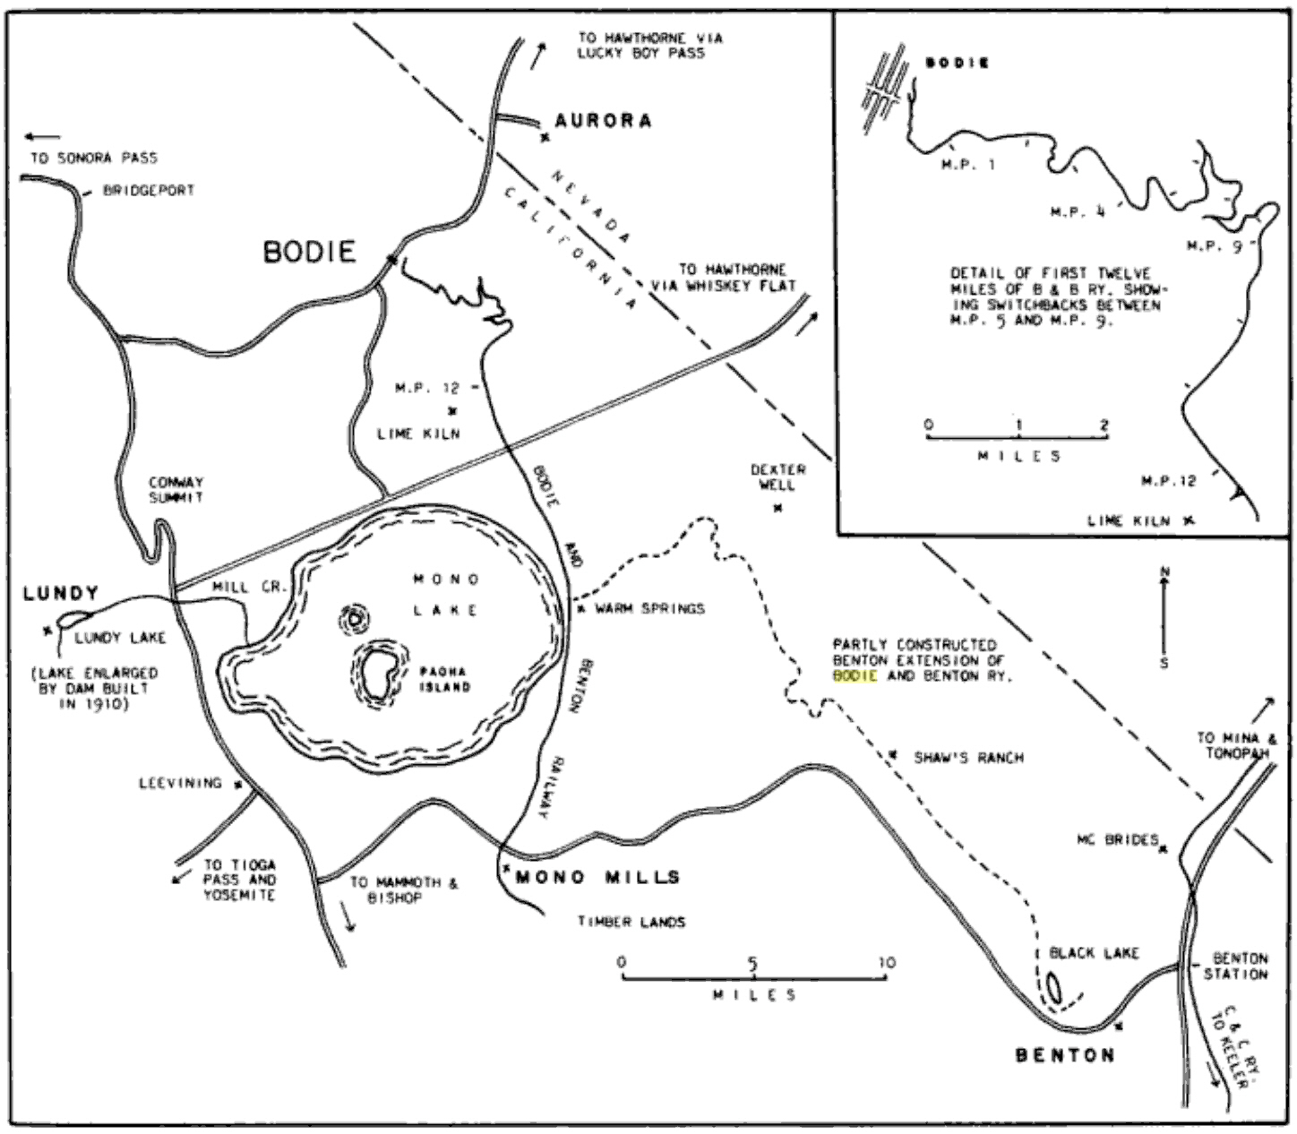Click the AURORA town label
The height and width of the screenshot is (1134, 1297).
point(603,120)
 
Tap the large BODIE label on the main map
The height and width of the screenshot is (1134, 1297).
point(309,253)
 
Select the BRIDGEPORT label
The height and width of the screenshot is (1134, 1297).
point(149,190)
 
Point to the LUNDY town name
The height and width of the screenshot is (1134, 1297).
point(61,593)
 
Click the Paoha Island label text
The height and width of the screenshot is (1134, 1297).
point(443,678)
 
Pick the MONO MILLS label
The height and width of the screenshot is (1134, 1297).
point(597,877)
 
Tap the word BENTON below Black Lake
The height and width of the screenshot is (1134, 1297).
point(1065,1055)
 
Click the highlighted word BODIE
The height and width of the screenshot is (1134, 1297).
point(855,675)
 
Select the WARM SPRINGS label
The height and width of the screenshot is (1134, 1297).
point(649,608)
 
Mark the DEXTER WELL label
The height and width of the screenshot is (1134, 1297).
point(777,477)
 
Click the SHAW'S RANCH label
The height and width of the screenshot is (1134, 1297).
point(968,758)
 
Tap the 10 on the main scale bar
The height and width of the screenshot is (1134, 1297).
point(887,962)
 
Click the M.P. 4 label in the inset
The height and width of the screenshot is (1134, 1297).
point(1078,212)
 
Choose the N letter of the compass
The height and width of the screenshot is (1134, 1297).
point(1164,572)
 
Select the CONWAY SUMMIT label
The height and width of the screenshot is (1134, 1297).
point(176,489)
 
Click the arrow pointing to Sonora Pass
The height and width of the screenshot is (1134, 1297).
point(43,136)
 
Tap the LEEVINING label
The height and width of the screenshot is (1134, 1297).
point(181,784)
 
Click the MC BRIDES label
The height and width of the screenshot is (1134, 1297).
point(1118,840)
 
